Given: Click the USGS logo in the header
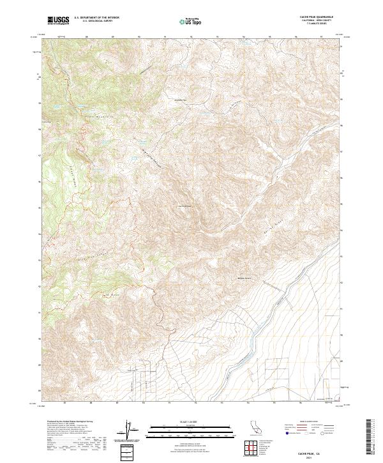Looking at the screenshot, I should point(58,20).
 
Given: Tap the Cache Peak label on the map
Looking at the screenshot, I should point(184,206).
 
